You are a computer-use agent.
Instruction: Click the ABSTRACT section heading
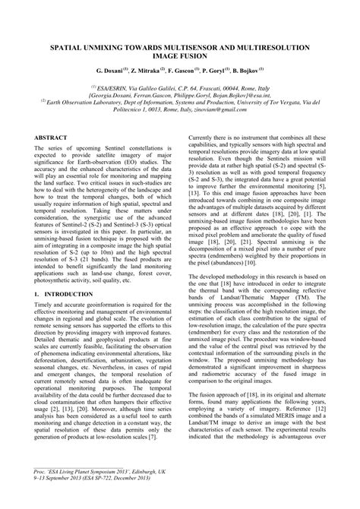click(52, 138)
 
